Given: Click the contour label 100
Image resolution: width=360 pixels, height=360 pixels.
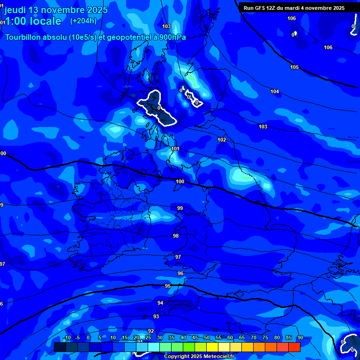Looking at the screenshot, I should coord(180,181).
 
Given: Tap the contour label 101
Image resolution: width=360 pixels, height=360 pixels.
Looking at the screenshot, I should coord(175,149).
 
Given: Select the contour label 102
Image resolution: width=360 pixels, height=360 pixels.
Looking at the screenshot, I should coord(222,140).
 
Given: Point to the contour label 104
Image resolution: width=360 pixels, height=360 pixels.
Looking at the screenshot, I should coord(275,91).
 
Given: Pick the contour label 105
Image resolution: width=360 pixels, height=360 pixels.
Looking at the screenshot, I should coord(294,67).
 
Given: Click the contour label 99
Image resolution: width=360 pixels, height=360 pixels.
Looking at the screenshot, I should coord(180,208).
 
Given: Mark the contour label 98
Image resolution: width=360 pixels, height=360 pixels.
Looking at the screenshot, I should coord(176,236).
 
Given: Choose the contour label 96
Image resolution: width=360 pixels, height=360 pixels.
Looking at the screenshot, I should coord(180,273).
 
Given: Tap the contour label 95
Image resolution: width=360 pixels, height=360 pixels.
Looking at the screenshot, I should coord(168,286).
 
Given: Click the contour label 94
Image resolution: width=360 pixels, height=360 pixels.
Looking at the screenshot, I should coord(160,303).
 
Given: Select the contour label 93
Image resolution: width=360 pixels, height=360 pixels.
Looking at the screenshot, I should coord(156,316).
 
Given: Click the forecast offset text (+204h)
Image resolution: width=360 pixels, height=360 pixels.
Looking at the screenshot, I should coord(83,21).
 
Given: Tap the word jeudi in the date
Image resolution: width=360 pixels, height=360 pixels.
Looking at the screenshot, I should coord(15,10).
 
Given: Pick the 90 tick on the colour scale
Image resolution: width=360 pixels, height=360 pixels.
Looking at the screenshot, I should coord(300,337).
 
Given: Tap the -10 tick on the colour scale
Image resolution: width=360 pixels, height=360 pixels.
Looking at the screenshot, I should coord(67,337).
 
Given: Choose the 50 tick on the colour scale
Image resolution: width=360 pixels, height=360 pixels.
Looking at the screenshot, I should coord(207,337).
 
